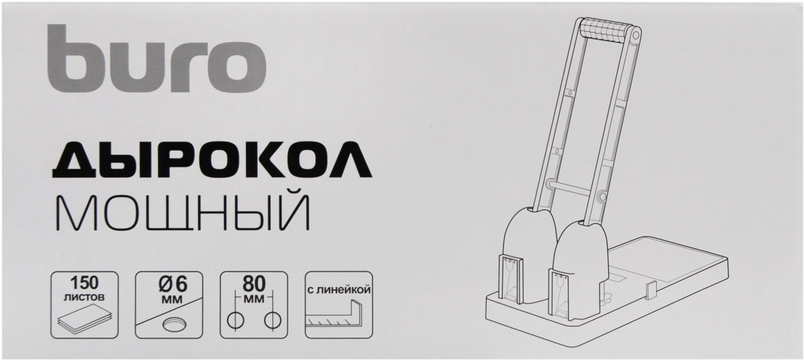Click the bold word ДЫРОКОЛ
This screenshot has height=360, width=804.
pos(212,161)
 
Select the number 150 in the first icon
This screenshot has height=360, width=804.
pos(84,283)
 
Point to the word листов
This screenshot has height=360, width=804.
pos(84,297)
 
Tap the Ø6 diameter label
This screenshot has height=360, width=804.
pos(173,284)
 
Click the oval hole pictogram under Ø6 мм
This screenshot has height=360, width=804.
pos(174,325)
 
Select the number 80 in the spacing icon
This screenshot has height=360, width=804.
pos(254,284)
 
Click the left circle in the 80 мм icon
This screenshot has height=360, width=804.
pos(236,320)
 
